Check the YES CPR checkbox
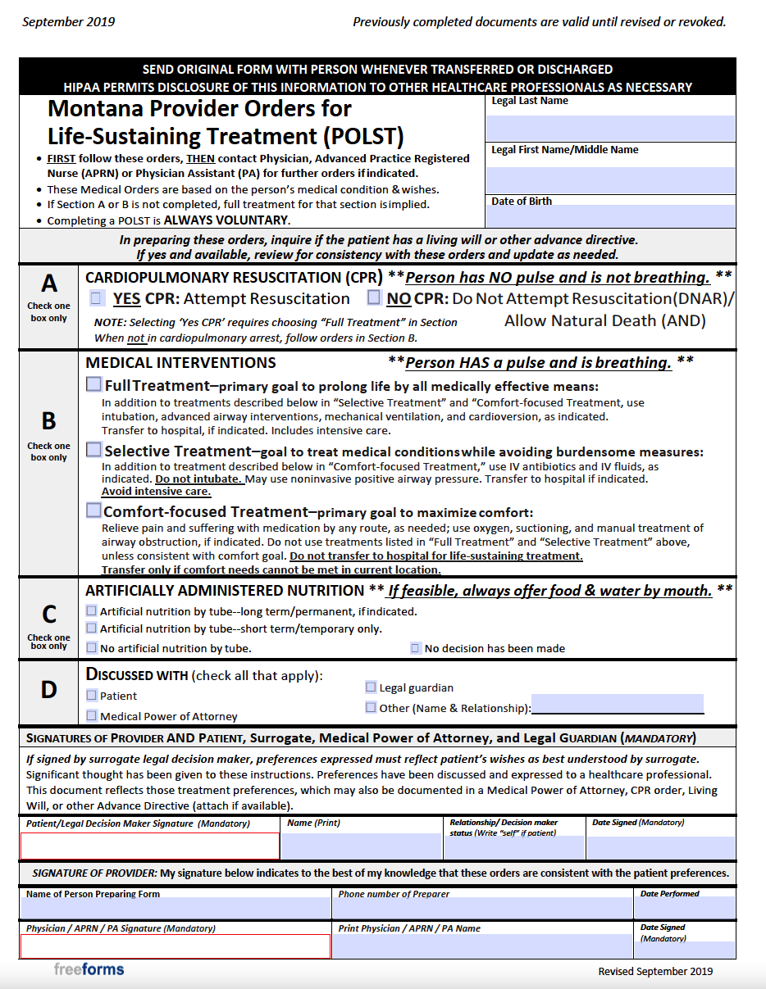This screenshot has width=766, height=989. [97, 298]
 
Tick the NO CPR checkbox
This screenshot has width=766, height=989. [374, 297]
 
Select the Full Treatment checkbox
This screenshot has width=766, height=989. [94, 385]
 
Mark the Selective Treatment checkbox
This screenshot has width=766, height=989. [94, 450]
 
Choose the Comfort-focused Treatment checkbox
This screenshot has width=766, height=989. [94, 510]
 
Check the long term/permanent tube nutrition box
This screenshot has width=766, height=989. [91, 610]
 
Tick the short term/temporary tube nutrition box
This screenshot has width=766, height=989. [91, 628]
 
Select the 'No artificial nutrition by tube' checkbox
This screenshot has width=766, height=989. [91, 648]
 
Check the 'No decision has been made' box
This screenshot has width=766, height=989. [416, 648]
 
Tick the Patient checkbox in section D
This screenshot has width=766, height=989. [91, 695]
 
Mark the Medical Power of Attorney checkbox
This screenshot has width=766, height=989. [91, 715]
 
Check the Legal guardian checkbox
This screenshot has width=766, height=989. [371, 687]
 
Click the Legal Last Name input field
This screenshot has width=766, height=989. [610, 128]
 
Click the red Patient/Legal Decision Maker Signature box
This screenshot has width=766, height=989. [150, 846]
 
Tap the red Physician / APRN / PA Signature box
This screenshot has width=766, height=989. [176, 946]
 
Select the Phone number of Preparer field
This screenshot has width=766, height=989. [482, 908]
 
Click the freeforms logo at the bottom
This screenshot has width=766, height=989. [89, 969]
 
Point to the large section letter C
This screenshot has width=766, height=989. [49, 615]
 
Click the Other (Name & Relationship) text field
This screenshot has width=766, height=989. [617, 704]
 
